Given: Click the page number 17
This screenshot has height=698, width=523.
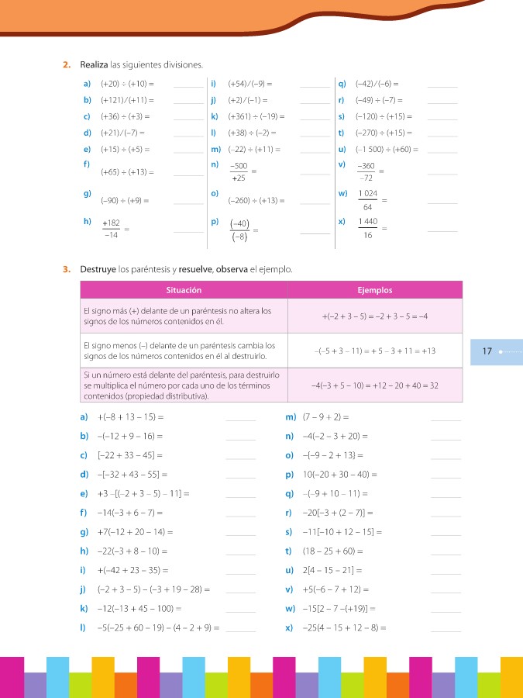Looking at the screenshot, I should coord(487,351).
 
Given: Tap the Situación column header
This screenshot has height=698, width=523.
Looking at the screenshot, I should coord(184,291).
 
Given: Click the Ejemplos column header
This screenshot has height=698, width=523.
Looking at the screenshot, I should coord(375,291).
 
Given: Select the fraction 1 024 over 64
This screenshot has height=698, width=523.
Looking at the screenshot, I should coord(367,200).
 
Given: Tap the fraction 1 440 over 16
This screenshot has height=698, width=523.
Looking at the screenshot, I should coord(367,229).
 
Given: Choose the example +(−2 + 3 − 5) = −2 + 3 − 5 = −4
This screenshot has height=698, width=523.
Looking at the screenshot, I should coord(375,316).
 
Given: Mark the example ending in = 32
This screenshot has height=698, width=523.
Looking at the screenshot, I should coord(375,385).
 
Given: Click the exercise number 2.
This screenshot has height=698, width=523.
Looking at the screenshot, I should coord(66,64).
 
